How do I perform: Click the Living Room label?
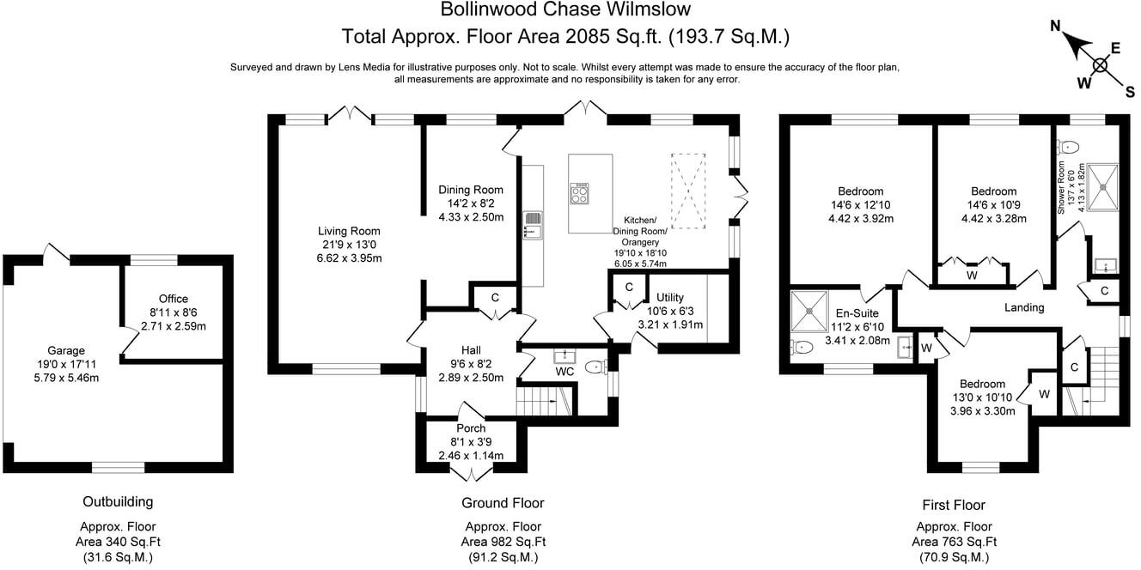pyautogui.click(x=349, y=231)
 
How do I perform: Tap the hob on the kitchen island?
pyautogui.click(x=579, y=193)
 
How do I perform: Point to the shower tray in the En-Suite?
pyautogui.click(x=808, y=312)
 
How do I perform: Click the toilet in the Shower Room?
pyautogui.click(x=1068, y=147)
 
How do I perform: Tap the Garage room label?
pyautogui.click(x=65, y=350)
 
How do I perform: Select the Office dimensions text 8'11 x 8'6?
pyautogui.click(x=174, y=312)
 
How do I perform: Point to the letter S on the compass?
pyautogui.click(x=1130, y=92)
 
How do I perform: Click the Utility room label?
pyautogui.click(x=670, y=297)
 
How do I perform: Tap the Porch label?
pyautogui.click(x=471, y=428)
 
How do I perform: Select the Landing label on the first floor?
pyautogui.click(x=1024, y=307)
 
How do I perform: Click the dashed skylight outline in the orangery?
pyautogui.click(x=688, y=191)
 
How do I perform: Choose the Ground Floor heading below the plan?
pyautogui.click(x=503, y=503)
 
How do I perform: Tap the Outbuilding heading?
pyautogui.click(x=118, y=502)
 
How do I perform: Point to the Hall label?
pyautogui.click(x=471, y=350)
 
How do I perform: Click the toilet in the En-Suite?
pyautogui.click(x=802, y=348)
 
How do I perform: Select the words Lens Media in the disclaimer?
pyautogui.click(x=364, y=67)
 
